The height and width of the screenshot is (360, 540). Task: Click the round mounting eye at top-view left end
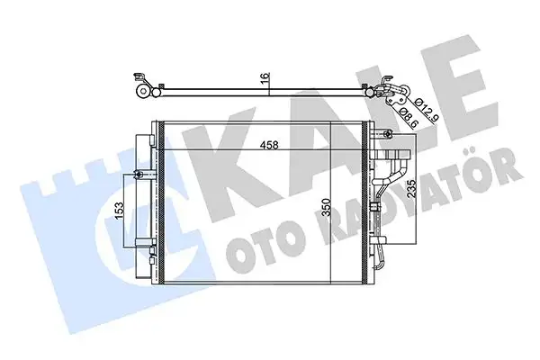tap(141, 90)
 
